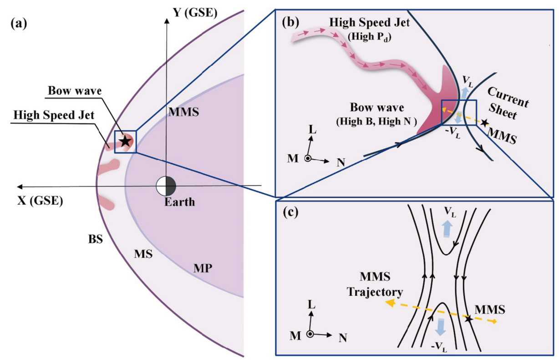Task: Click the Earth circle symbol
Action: point(166,186)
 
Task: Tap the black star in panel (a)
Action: point(125,141)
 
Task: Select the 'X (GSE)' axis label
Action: point(40,201)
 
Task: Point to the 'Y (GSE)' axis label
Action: point(195,12)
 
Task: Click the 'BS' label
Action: point(96,239)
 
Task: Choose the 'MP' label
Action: point(203,268)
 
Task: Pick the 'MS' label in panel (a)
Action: point(143,254)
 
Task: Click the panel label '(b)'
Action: point(290,22)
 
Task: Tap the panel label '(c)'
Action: point(291,212)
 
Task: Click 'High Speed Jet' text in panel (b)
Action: point(369,22)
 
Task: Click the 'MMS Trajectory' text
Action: point(375,284)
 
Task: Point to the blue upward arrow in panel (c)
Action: point(447,229)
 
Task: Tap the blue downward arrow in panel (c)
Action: point(441,327)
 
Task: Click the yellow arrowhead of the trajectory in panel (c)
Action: point(390,304)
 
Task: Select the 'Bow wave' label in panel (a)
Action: point(75,91)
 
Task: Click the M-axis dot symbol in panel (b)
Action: point(308,158)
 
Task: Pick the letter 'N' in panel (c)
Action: point(343,338)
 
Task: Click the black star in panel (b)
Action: point(484,122)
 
